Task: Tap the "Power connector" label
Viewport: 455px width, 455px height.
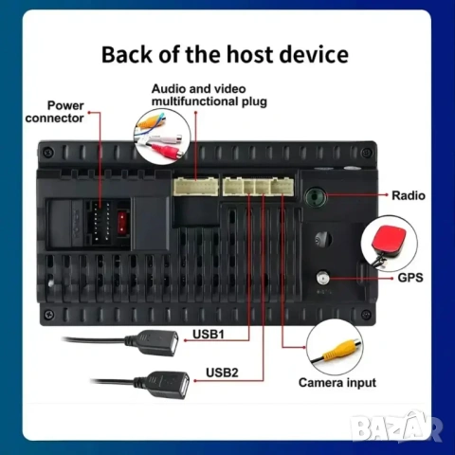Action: [x=55, y=112]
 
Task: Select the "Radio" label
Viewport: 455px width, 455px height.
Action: [x=409, y=195]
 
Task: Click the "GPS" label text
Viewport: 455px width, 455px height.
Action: [x=410, y=278]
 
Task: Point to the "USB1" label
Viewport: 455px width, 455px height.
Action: [x=209, y=334]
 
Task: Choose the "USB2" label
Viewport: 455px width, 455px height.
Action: [x=222, y=373]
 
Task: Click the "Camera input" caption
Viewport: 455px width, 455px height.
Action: [x=337, y=383]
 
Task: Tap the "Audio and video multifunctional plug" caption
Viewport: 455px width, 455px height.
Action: [x=209, y=95]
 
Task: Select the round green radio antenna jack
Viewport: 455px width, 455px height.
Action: [x=316, y=197]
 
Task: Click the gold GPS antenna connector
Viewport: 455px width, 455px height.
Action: [x=322, y=278]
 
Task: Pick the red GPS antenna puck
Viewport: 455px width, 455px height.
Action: [x=389, y=239]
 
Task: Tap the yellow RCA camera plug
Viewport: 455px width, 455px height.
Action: [x=340, y=348]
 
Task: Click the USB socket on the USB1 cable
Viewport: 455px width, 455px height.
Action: [x=158, y=342]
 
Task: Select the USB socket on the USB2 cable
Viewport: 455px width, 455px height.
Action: [x=170, y=383]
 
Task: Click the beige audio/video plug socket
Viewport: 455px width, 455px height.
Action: [x=196, y=187]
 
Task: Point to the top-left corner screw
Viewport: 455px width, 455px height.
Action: [x=48, y=152]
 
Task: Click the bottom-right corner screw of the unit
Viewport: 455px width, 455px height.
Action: [x=367, y=314]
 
